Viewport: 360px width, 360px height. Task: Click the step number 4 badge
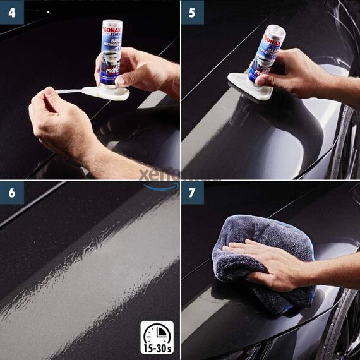click(12, 12)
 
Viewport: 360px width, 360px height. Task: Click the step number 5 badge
click(193, 12)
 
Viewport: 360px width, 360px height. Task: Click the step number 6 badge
click(12, 193)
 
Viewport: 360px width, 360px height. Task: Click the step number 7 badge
click(193, 193)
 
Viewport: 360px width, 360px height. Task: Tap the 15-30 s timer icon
click(157, 337)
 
